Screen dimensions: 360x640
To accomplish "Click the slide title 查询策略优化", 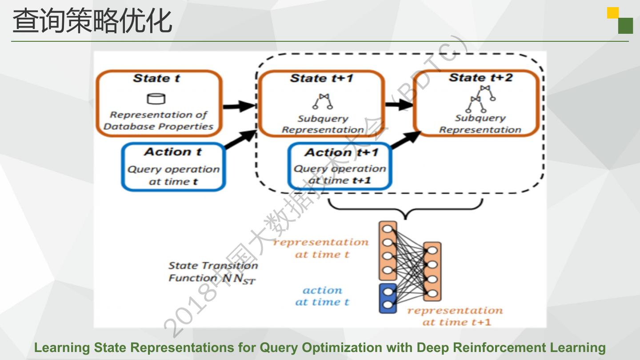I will (x=92, y=21).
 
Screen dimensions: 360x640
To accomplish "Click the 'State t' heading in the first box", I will (x=156, y=79).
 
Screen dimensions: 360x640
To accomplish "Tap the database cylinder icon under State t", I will (x=156, y=99).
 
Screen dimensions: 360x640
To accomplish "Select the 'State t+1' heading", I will (x=321, y=79).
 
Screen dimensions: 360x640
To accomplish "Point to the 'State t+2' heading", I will (x=480, y=78).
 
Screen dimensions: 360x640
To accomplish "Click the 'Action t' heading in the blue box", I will (x=173, y=152).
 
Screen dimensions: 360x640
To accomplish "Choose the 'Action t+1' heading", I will (x=341, y=152).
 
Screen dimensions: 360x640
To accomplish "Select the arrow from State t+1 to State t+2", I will (x=399, y=105).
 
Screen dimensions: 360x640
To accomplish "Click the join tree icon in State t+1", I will (x=322, y=101).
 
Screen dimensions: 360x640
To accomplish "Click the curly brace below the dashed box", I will (x=405, y=209).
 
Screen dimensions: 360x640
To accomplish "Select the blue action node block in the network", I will (x=388, y=298).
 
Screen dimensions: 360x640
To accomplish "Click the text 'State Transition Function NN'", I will (x=212, y=272).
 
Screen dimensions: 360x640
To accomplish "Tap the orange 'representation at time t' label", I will (x=321, y=248).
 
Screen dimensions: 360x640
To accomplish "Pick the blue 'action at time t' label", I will (x=322, y=296).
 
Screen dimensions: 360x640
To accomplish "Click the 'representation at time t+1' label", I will (x=455, y=316).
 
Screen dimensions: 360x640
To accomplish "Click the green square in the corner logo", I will (x=625, y=26).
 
